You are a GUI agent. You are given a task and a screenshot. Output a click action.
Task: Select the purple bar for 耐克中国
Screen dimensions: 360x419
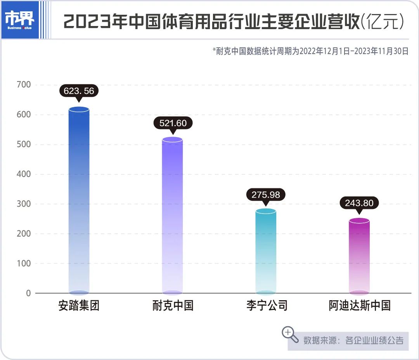click(x=172, y=216)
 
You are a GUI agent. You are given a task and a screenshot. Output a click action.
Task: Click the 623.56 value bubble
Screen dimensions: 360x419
click(x=79, y=90)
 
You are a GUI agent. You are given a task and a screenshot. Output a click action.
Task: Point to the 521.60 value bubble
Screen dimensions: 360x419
click(x=173, y=123)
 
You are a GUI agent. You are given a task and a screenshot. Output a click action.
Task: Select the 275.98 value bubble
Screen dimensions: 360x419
click(x=266, y=195)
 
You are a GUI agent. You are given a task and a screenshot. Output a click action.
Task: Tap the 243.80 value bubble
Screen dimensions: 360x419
click(x=359, y=203)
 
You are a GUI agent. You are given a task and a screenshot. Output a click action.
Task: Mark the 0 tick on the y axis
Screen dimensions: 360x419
click(x=28, y=293)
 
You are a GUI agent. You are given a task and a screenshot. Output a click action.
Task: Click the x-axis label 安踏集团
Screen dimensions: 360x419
click(x=79, y=306)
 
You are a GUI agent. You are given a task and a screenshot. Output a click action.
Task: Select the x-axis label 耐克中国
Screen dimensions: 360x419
click(x=173, y=306)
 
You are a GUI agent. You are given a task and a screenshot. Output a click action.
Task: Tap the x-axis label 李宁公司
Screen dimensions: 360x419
click(x=267, y=306)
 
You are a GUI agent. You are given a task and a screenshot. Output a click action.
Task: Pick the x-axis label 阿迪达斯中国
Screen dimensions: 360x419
click(x=359, y=306)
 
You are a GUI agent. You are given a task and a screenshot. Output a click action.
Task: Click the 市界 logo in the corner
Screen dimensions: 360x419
click(x=20, y=19)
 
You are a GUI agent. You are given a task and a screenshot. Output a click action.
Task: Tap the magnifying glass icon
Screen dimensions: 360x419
click(x=290, y=334)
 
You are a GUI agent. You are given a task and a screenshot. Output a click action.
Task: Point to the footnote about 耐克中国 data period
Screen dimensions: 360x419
click(x=310, y=51)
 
